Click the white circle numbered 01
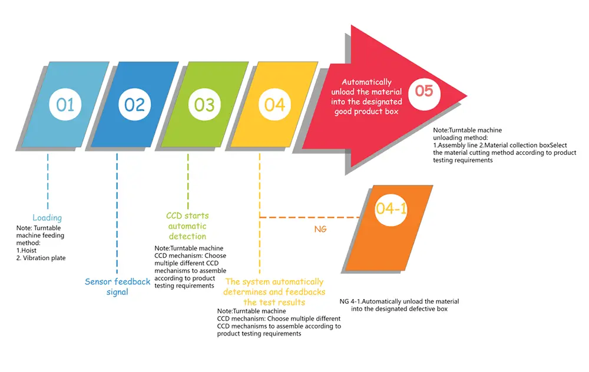point(65,104)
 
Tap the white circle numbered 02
point(134,104)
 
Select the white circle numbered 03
point(204,104)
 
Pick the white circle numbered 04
point(274,104)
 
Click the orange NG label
point(320,229)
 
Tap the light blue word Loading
point(47,218)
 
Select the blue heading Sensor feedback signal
point(117,287)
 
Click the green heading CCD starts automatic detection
point(187,226)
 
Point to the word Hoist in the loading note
point(29,250)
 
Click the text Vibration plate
point(44,258)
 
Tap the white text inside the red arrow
point(366,97)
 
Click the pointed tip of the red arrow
point(467,96)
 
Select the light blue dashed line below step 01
point(48,181)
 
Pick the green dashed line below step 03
point(188,181)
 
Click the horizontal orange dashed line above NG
point(310,217)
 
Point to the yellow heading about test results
point(274,292)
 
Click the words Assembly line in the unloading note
point(458,145)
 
